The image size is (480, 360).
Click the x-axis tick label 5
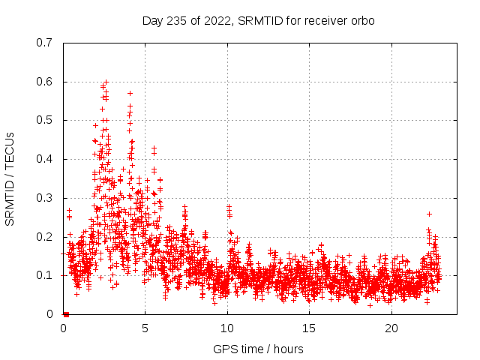tap(145, 328)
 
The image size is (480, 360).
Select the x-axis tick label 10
tap(227, 328)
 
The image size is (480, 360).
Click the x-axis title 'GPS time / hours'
tap(258, 349)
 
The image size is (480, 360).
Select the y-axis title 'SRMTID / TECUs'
tap(10, 178)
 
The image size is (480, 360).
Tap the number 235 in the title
tap(178, 20)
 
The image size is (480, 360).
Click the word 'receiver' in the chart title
tap(326, 20)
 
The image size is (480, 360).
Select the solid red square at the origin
tap(66, 314)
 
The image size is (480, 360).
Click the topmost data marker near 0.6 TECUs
tap(106, 82)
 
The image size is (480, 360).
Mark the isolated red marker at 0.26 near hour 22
tap(429, 214)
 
